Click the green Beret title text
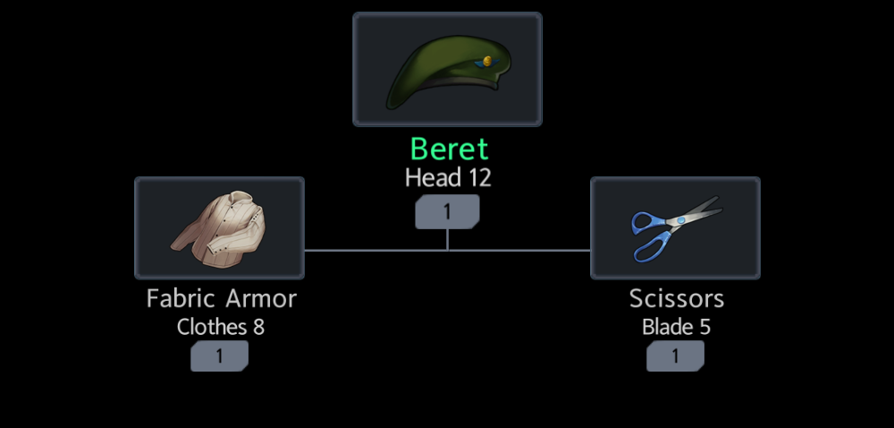pos(449,149)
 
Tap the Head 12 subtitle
pos(448,178)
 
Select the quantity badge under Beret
pos(447,211)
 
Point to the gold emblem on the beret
pos(487,61)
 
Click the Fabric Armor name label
pos(221,298)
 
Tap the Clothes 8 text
pos(220,327)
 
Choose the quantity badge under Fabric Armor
pos(219,356)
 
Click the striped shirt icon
pos(219,227)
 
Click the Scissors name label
pos(676,298)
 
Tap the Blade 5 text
pos(676,327)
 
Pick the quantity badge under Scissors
pos(675,356)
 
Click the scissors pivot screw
pos(680,220)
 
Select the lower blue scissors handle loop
pos(651,246)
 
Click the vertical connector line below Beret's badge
pos(447,239)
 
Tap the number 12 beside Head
pos(479,178)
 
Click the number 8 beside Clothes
pos(258,327)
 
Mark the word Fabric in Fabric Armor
pos(181,298)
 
